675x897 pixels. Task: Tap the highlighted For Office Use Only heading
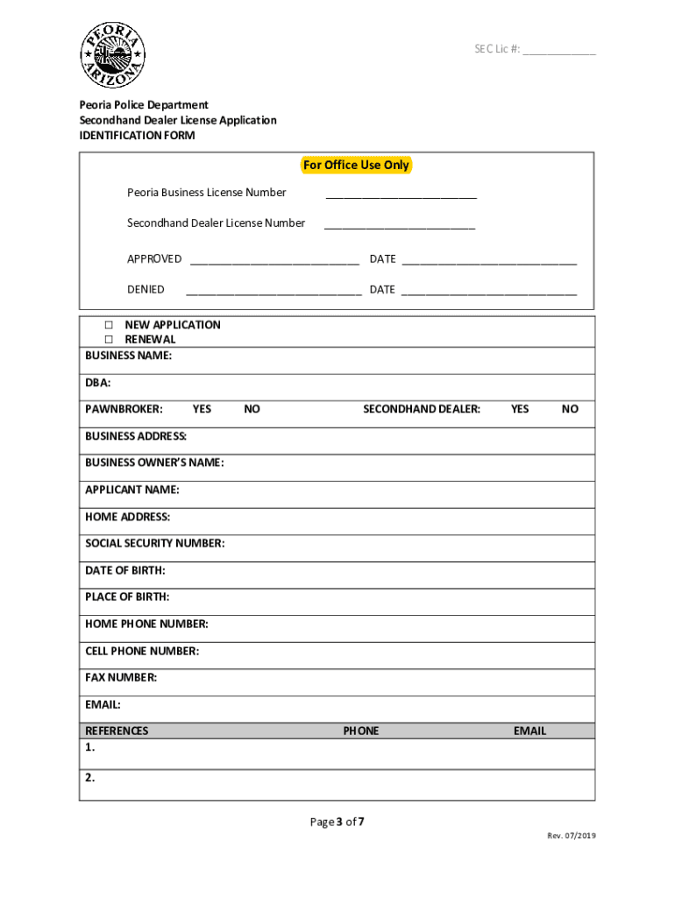click(x=355, y=166)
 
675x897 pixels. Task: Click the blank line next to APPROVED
click(x=274, y=260)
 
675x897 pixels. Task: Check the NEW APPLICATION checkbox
click(x=110, y=325)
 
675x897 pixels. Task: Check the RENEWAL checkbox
click(x=110, y=340)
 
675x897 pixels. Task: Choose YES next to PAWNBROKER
click(x=202, y=409)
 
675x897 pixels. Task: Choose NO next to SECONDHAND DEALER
click(x=570, y=409)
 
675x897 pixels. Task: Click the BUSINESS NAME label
click(x=128, y=356)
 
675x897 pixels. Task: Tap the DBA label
click(x=97, y=383)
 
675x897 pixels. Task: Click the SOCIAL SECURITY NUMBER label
click(x=154, y=543)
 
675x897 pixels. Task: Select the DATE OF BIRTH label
click(x=124, y=570)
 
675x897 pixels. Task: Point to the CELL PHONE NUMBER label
click(x=141, y=651)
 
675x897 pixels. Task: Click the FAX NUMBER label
click(x=121, y=677)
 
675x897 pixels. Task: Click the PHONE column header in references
click(x=360, y=731)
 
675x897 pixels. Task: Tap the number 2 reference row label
click(x=90, y=777)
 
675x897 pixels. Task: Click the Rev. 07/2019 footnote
click(x=572, y=836)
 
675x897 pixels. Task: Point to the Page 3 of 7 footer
click(x=337, y=822)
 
